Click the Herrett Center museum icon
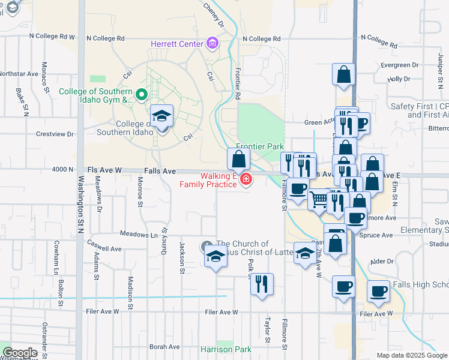click(x=211, y=43)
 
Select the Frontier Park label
click(x=259, y=146)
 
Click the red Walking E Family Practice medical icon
click(x=245, y=179)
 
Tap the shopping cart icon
click(x=319, y=199)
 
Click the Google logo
click(x=20, y=352)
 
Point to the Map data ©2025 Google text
click(x=412, y=355)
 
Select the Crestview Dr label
click(x=55, y=134)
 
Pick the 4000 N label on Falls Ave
click(x=62, y=170)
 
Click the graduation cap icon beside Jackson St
click(x=215, y=257)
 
